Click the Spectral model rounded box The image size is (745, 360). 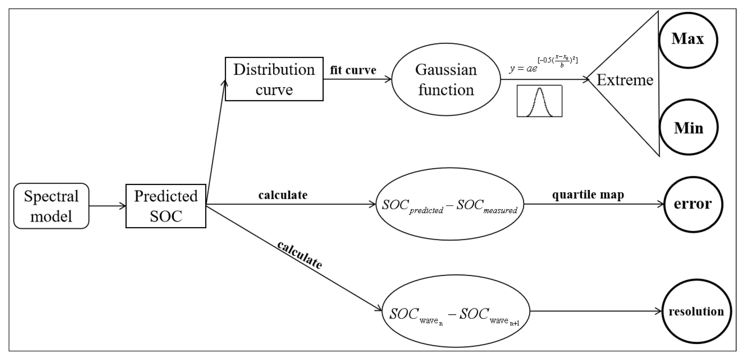[51, 206]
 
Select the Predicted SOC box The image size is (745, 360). [166, 206]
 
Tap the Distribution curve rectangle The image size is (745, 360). [274, 79]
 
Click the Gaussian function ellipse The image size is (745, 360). [446, 79]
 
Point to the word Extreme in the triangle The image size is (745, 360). [625, 80]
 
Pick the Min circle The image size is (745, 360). [689, 127]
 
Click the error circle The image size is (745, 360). [692, 204]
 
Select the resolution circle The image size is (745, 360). [696, 311]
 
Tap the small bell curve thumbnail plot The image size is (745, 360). [539, 101]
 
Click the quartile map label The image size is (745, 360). [588, 195]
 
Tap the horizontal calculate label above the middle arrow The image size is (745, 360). [283, 195]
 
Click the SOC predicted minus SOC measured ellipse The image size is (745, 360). [449, 204]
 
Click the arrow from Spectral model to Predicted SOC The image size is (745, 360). [107, 206]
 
